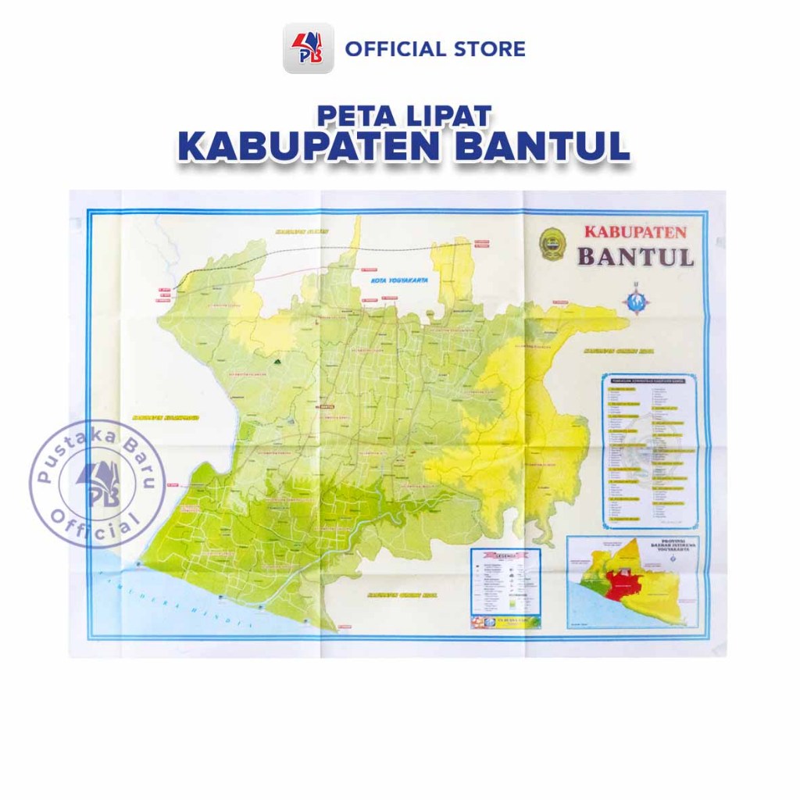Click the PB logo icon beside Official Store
[x=308, y=48]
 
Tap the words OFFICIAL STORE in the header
[x=435, y=49]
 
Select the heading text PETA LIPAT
[x=404, y=116]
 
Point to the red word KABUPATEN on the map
[x=635, y=232]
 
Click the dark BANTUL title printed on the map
[x=635, y=256]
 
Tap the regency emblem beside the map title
[x=552, y=243]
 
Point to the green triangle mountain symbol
[x=277, y=362]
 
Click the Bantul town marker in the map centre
[x=325, y=406]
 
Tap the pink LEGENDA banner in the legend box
[x=505, y=555]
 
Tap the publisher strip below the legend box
[x=505, y=623]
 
